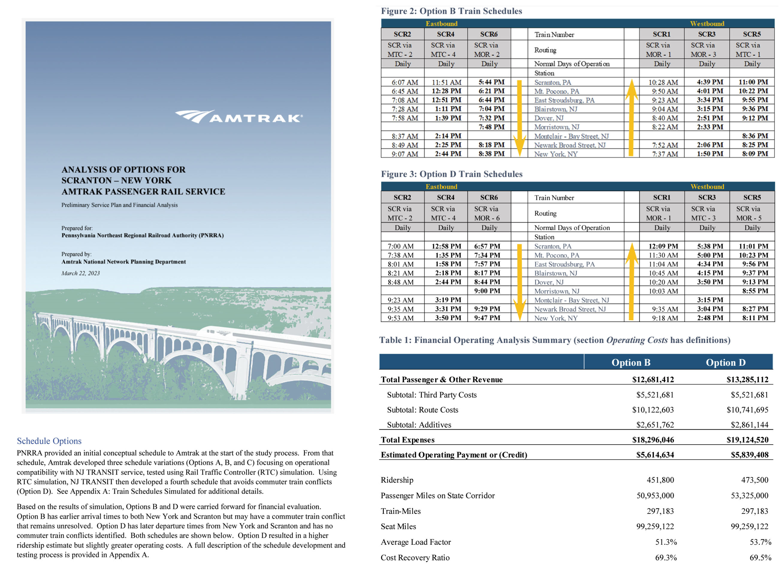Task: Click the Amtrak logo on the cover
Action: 239,117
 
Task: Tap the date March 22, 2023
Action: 80,273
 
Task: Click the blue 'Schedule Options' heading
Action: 49,441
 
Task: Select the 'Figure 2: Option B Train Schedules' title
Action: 451,11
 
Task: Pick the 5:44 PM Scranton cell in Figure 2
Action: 491,82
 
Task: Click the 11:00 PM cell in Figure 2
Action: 753,82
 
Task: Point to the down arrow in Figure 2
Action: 519,118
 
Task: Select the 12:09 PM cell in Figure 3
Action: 663,246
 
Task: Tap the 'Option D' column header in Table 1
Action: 725,362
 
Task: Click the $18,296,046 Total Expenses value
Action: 653,440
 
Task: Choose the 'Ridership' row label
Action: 397,480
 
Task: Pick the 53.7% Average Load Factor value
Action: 760,542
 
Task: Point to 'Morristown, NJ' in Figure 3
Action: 556,291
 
